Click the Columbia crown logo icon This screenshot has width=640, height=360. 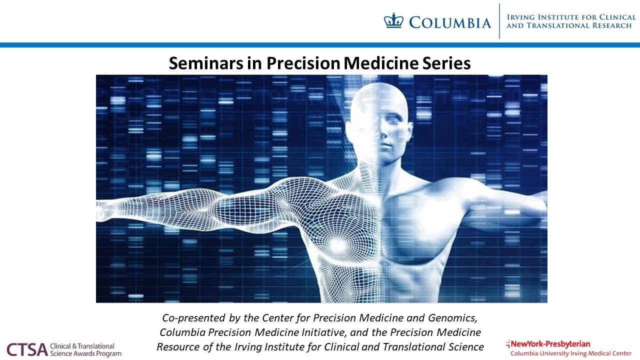(393, 21)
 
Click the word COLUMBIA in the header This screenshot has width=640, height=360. (449, 22)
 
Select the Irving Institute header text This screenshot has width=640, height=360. (571, 21)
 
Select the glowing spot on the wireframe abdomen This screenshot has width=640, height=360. (338, 244)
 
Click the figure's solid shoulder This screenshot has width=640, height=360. (467, 192)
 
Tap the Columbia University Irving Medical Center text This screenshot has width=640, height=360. (570, 353)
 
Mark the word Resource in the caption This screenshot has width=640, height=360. (178, 347)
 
